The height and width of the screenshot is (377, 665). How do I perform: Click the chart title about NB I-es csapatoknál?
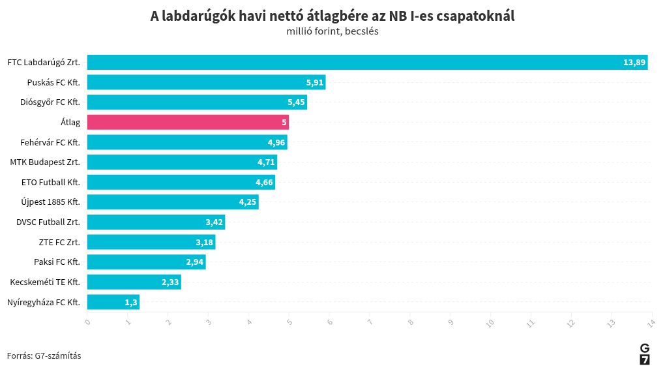pos(332,16)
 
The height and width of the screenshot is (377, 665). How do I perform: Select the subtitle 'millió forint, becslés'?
pos(332,31)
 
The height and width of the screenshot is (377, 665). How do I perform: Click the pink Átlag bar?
pos(188,122)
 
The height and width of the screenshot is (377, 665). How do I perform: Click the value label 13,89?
pos(634,63)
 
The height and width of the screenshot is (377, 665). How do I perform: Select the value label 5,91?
pos(314,83)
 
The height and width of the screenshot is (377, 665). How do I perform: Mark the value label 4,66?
pos(264,183)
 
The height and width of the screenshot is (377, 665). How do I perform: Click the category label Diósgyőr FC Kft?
pos(50,102)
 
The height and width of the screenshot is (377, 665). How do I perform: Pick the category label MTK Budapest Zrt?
pos(45,162)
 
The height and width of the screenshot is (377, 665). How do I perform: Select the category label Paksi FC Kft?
pos(57,262)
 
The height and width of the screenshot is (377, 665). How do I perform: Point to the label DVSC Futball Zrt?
pos(48,222)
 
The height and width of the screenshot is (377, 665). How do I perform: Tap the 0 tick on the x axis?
pos(87,321)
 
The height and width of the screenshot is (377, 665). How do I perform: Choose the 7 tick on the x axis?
pos(370,321)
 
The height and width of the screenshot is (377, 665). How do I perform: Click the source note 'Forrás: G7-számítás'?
pos(44,355)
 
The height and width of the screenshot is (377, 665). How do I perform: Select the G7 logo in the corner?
pos(644,354)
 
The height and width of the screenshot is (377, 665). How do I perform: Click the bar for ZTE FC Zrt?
pos(151,242)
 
